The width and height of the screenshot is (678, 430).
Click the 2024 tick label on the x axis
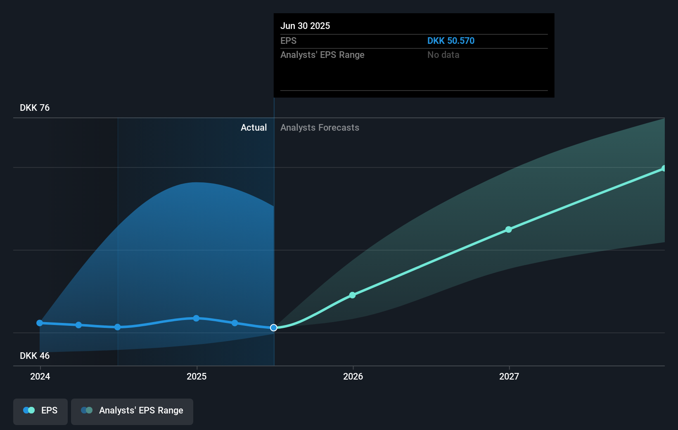click(40, 376)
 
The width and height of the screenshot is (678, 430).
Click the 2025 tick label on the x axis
click(197, 376)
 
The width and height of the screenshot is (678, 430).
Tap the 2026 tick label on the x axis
click(353, 376)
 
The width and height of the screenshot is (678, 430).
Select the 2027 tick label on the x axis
click(509, 376)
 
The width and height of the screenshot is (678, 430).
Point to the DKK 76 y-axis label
click(35, 108)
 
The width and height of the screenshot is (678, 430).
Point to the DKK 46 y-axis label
click(35, 356)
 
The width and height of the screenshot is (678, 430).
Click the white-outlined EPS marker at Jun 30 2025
click(274, 327)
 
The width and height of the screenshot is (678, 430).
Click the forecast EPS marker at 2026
click(352, 295)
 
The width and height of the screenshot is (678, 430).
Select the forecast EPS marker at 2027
click(509, 229)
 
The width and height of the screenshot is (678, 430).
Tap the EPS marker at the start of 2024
click(40, 323)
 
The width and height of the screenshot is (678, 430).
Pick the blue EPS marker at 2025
click(196, 318)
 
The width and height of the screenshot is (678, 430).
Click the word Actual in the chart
click(254, 128)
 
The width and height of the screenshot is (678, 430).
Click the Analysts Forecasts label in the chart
click(320, 128)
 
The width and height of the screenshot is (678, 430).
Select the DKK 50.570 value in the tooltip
click(450, 41)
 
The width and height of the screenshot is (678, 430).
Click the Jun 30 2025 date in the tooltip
click(305, 26)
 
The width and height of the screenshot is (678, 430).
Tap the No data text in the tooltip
click(443, 55)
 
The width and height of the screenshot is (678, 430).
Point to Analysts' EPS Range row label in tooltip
click(322, 55)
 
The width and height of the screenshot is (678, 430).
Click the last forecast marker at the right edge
click(664, 168)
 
